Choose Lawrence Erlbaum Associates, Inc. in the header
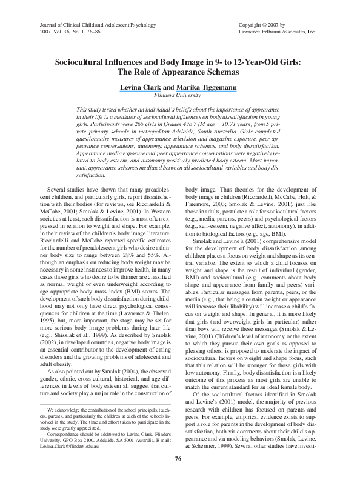(278, 30)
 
